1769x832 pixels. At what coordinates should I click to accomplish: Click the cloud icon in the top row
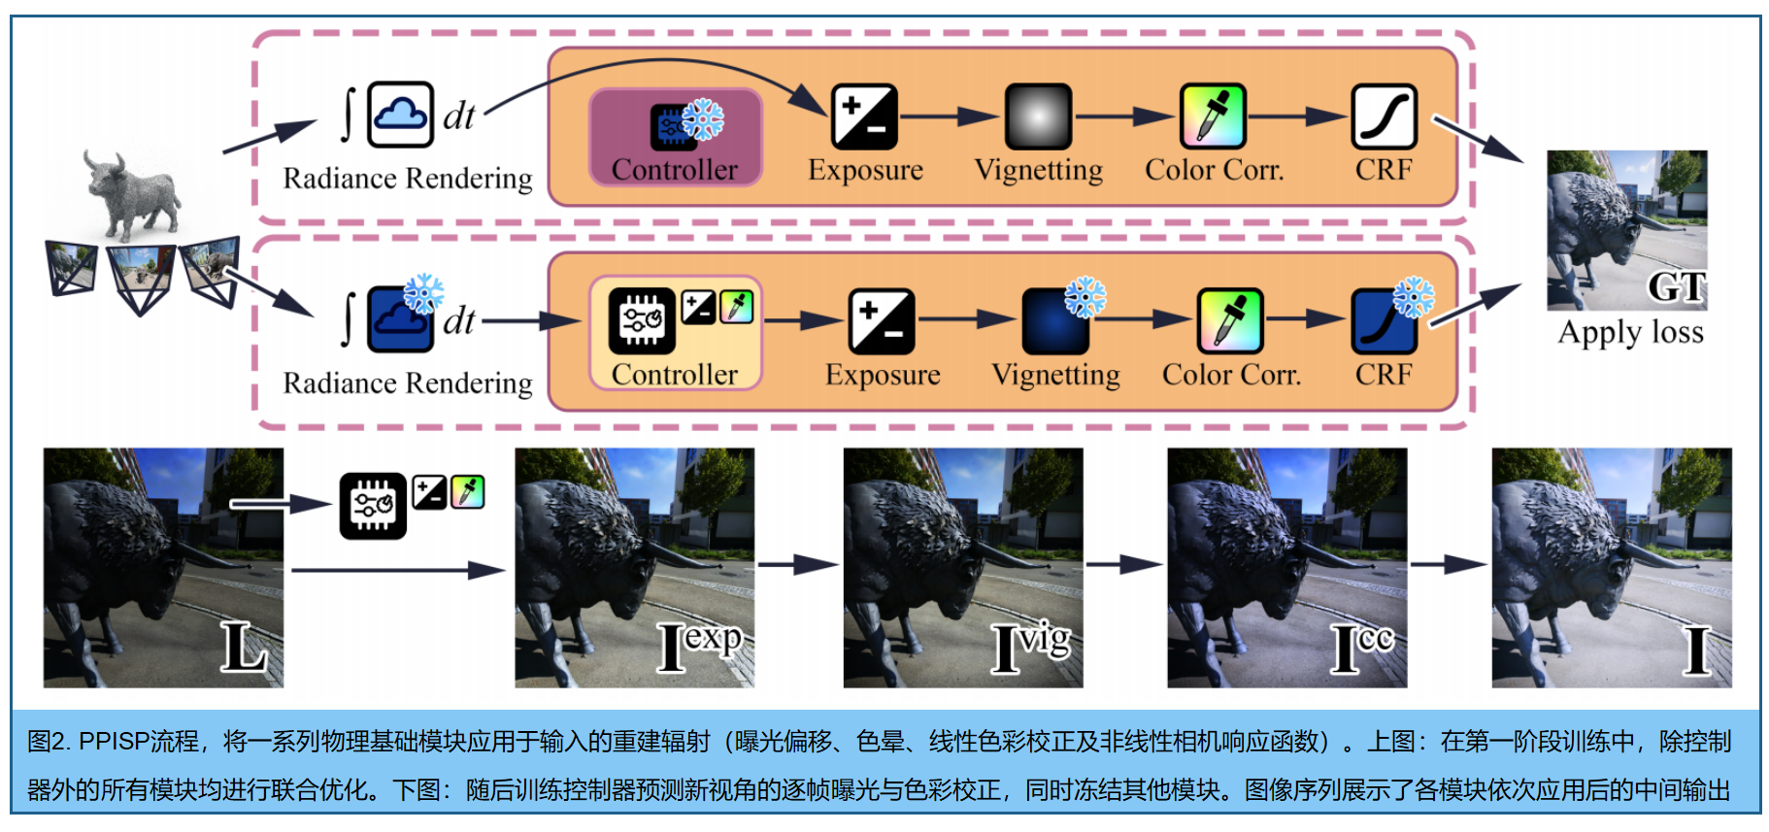pos(400,116)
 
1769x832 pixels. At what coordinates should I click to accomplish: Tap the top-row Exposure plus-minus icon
pos(864,116)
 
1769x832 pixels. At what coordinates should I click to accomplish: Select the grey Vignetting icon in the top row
pos(1038,116)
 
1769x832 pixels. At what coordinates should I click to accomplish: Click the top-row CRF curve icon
pos(1384,116)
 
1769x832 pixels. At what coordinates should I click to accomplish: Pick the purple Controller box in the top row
pos(675,137)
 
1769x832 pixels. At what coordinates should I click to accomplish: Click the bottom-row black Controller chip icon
pos(642,320)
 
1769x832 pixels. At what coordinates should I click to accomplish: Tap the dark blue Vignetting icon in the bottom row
pos(1055,321)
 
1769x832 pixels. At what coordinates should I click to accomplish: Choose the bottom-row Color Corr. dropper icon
pos(1230,320)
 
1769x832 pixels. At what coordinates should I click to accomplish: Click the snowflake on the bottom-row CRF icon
pos(1413,298)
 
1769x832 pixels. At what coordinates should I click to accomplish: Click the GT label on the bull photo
pos(1677,286)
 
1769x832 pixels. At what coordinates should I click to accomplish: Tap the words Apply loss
pos(1630,333)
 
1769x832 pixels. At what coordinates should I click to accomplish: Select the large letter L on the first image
pos(243,647)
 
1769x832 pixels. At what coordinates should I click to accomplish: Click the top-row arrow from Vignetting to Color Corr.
pos(1124,116)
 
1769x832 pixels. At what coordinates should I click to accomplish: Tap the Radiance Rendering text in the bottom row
pos(408,383)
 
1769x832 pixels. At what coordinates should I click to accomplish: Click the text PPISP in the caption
pos(113,742)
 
